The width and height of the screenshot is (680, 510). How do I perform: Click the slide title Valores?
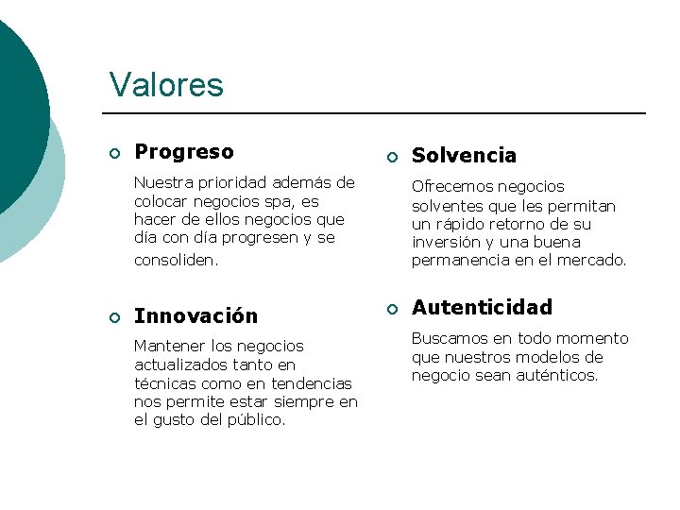[x=166, y=85]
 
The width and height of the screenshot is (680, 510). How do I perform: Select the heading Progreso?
[x=184, y=152]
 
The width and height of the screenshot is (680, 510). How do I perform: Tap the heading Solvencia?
[x=464, y=156]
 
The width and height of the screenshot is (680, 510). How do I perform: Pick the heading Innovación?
[x=195, y=316]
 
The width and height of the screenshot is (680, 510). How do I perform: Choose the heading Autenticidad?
[x=482, y=308]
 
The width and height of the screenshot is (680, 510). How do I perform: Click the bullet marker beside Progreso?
[x=113, y=153]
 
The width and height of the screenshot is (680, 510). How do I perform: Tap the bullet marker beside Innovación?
[x=113, y=317]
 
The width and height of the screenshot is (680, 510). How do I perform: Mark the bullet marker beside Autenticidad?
[x=390, y=309]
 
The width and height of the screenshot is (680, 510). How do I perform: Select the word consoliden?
[x=177, y=259]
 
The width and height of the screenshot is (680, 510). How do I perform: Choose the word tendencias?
[x=311, y=383]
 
